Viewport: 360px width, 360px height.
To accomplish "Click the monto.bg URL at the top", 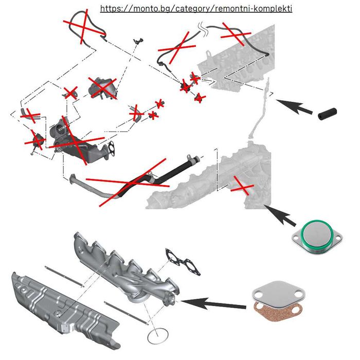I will click(x=196, y=9).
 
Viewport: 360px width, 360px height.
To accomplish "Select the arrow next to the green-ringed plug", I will click(x=280, y=217).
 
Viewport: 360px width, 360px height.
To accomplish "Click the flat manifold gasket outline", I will click(x=182, y=262).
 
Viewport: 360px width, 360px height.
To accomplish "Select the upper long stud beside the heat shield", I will click(x=64, y=275).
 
